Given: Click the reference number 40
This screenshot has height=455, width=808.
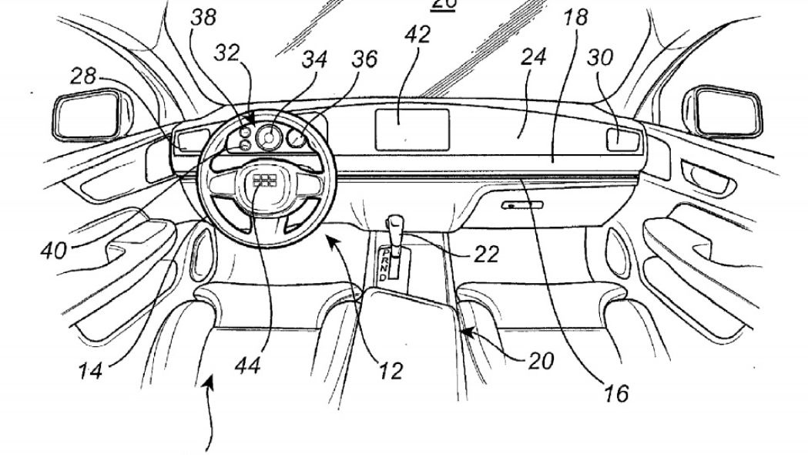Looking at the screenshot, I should (52, 250).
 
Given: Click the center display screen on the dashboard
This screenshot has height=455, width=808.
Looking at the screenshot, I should (412, 129).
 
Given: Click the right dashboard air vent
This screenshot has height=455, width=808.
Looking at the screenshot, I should (625, 140).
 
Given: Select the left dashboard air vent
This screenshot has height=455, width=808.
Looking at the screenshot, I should (189, 140).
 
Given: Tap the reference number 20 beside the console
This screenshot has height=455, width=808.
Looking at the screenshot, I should (541, 361).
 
